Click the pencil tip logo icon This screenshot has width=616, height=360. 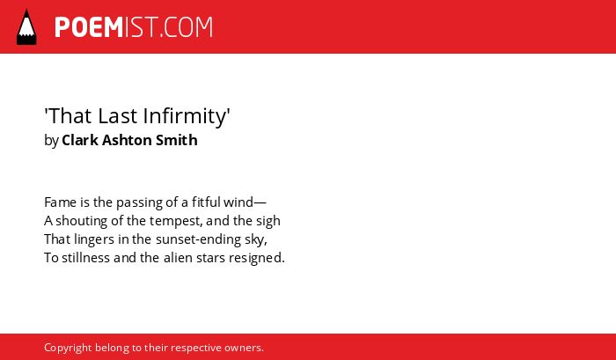click(x=26, y=26)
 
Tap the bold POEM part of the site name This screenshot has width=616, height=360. click(x=89, y=27)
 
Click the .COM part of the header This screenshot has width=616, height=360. click(x=186, y=27)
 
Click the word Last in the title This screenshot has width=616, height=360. click(x=118, y=116)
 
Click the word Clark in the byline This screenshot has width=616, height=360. click(x=80, y=140)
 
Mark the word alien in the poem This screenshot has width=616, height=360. click(x=175, y=258)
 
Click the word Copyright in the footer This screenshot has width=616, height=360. click(x=68, y=349)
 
